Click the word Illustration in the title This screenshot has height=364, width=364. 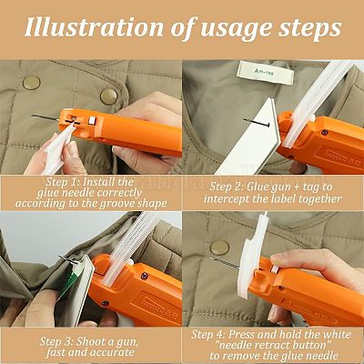(95, 27)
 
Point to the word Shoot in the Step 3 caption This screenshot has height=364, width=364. (89, 341)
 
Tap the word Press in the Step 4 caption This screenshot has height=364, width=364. (241, 335)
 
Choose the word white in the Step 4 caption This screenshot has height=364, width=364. (337, 335)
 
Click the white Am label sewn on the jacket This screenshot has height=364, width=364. (266, 72)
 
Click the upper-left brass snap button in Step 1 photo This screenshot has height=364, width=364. (31, 83)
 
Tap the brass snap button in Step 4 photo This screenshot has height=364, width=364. (219, 248)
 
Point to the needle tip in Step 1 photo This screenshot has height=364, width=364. (32, 116)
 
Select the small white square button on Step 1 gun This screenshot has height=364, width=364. (92, 120)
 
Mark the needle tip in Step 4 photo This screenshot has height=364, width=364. (211, 258)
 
